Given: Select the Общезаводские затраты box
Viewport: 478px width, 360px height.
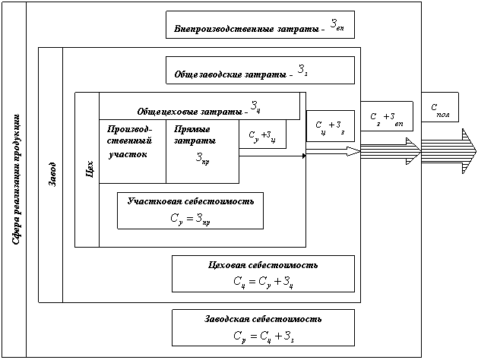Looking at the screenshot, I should click(260, 70).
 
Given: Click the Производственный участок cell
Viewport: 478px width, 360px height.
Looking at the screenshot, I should click(131, 143).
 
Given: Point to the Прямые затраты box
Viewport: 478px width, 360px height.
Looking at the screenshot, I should click(201, 150).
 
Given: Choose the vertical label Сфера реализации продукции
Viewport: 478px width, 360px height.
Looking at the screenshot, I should click(16, 179).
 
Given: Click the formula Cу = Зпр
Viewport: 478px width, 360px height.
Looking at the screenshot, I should click(190, 219).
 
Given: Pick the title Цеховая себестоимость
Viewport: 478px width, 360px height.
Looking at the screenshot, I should click(262, 265).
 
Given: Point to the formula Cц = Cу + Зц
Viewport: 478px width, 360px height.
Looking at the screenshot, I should click(262, 282).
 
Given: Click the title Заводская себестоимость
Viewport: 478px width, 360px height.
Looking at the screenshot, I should click(262, 318).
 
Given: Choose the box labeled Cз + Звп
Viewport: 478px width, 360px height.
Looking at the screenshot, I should click(385, 118).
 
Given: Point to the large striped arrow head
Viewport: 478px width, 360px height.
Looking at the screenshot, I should click(465, 151).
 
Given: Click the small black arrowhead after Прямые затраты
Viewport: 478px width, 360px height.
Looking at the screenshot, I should click(302, 156).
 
